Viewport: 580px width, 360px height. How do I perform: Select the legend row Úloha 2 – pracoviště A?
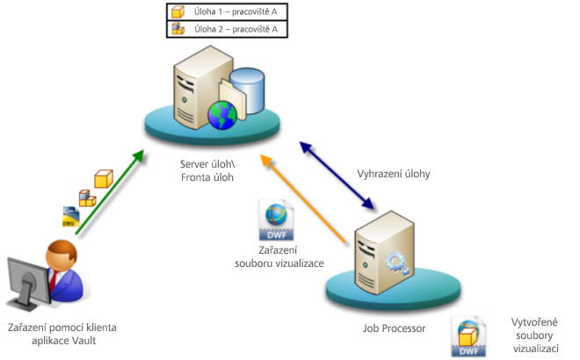(x=228, y=29)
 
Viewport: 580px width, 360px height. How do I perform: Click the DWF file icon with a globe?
(x=273, y=220)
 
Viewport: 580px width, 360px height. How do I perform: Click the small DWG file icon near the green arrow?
(x=70, y=217)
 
